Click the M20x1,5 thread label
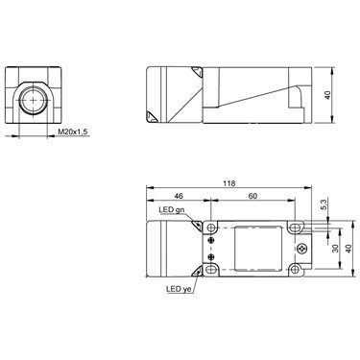point(72,132)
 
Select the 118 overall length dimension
point(229,183)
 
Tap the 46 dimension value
point(178,196)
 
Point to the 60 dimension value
point(252,196)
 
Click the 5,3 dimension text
point(324,204)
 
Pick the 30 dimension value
point(335,249)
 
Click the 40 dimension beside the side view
point(327,95)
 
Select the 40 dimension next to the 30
point(348,249)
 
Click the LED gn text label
point(172,210)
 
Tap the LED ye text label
point(179,289)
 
